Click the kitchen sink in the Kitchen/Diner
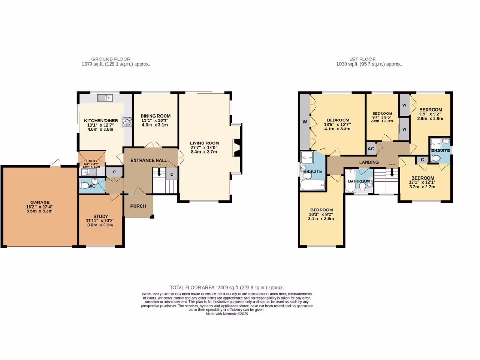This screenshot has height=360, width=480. pyautogui.click(x=105, y=98)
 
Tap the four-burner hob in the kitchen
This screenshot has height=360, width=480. pyautogui.click(x=127, y=121)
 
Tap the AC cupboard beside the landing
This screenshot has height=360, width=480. pyautogui.click(x=371, y=149)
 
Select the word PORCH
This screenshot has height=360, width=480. pyautogui.click(x=138, y=206)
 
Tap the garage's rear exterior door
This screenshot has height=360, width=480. pyautogui.click(x=57, y=163)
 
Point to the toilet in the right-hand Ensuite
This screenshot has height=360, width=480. pyautogui.click(x=436, y=159)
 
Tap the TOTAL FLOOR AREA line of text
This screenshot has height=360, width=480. pyautogui.click(x=227, y=287)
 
